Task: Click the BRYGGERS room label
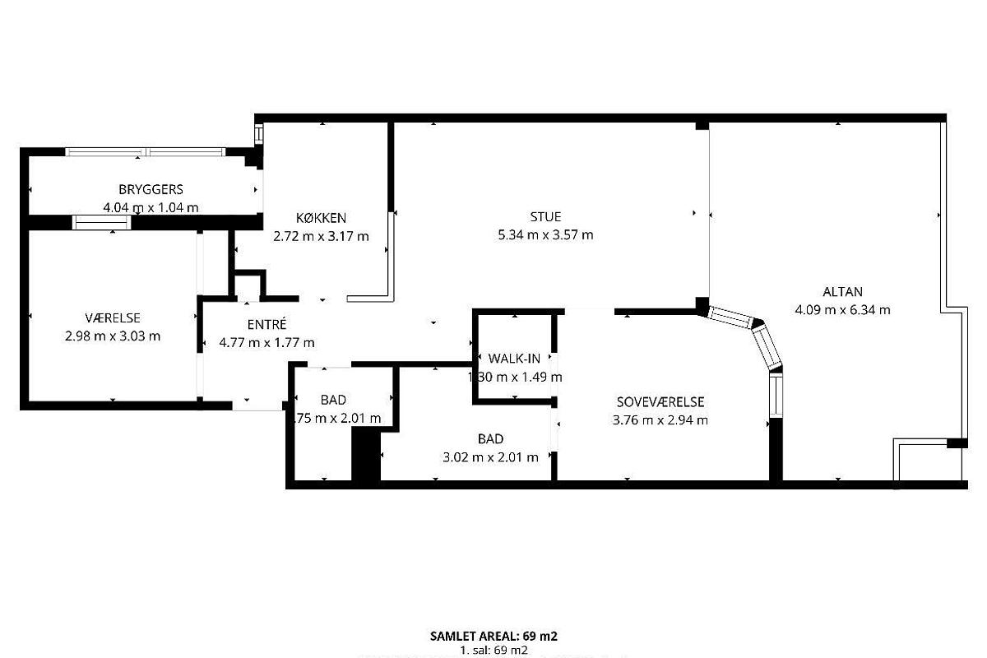pos(151,190)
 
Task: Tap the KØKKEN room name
pos(321,218)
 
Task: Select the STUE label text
pos(545,217)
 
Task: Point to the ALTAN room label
pos(842,292)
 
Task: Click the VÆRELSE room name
pos(112,317)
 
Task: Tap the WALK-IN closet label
pos(514,359)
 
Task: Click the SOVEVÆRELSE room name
pos(660,402)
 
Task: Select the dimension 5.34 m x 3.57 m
pos(545,235)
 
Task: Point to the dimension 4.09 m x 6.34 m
pos(842,310)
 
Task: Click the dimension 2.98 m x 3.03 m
pos(112,336)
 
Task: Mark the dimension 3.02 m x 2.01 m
pos(490,457)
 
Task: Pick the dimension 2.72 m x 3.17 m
pos(321,236)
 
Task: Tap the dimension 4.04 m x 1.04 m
pos(151,208)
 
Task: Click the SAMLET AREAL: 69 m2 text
pos(493,636)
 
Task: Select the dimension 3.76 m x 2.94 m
pos(660,420)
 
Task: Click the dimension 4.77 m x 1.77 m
pos(266,343)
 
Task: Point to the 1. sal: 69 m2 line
pos(493,650)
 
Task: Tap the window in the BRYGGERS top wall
pos(146,151)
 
